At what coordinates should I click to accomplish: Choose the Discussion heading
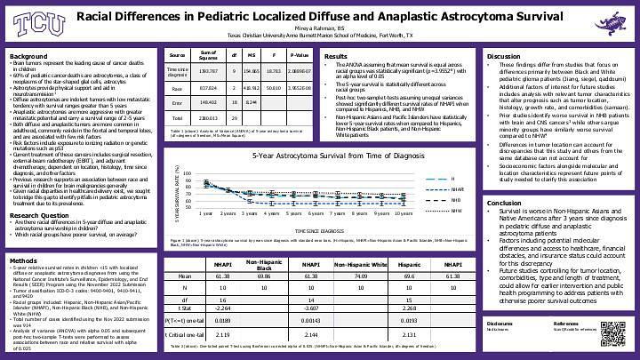coord(505,56)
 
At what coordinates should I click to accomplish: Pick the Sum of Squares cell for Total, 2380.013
coord(208,142)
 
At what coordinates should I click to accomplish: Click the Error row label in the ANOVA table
coord(177,128)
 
